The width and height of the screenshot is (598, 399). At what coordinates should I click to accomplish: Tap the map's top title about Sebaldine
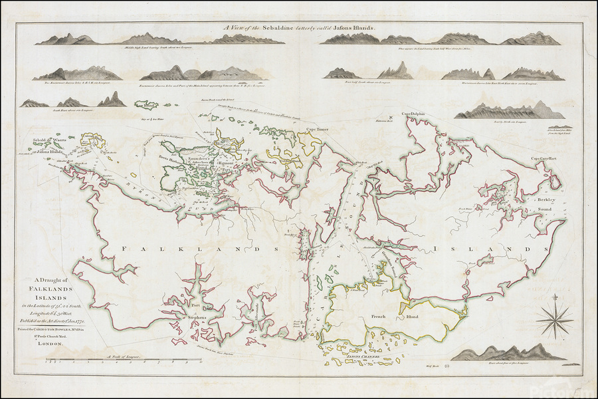[299, 29]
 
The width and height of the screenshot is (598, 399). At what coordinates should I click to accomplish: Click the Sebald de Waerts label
[37, 140]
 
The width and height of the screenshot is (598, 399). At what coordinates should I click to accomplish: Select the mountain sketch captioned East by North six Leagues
[508, 111]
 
